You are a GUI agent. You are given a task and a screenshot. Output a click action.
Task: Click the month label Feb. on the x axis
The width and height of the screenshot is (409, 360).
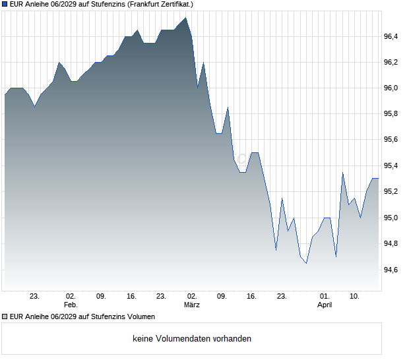point(71,305)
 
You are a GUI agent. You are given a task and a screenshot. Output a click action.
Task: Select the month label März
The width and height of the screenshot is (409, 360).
point(192,305)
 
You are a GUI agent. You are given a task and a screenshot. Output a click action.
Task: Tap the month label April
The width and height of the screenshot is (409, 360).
point(325,305)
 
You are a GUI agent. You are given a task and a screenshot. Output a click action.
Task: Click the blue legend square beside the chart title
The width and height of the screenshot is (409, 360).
point(5,4)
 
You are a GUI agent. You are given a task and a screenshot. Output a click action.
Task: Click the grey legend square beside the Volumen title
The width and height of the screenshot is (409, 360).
point(5,317)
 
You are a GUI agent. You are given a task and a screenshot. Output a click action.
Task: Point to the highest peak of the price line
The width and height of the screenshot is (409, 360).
point(185,18)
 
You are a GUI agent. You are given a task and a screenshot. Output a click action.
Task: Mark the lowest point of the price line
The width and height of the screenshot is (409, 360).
point(306,263)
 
